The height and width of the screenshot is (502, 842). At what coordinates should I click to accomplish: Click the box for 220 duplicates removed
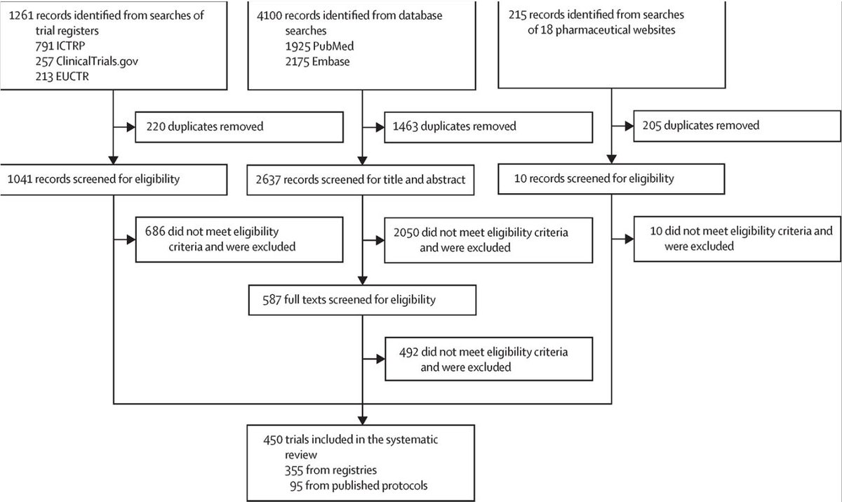tap(239, 127)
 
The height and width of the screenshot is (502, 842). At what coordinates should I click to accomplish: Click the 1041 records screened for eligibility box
tap(114, 179)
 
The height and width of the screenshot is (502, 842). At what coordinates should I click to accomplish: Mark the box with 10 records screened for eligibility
tap(610, 179)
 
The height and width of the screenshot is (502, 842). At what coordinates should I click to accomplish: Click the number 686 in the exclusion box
tap(156, 232)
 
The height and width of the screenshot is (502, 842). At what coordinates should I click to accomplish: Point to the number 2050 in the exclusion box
tap(408, 232)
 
